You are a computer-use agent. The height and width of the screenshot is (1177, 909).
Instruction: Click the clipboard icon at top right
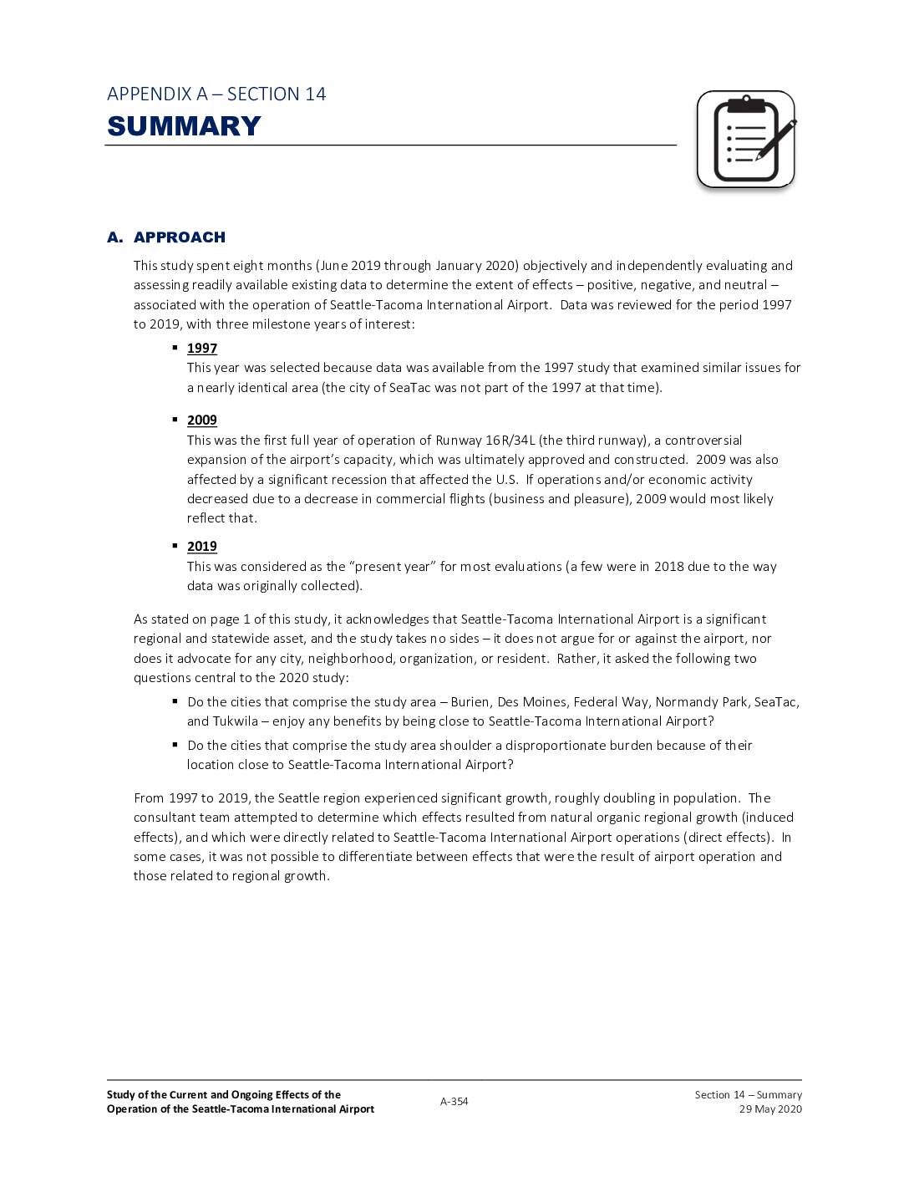click(x=744, y=140)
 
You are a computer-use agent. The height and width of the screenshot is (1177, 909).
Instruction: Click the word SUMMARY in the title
click(x=184, y=126)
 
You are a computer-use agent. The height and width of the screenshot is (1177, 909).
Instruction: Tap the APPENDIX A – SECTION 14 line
click(x=216, y=94)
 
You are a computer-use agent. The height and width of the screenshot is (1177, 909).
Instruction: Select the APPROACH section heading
click(x=179, y=237)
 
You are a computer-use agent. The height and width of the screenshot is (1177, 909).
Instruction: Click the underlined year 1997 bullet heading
click(x=201, y=349)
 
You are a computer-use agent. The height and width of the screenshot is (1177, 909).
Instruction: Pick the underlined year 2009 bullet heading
click(x=201, y=420)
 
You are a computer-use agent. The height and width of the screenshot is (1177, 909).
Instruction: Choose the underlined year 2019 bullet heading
click(x=201, y=547)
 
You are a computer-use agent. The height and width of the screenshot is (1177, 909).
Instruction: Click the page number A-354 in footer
click(x=454, y=1102)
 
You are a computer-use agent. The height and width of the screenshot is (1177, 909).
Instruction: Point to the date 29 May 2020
click(x=769, y=1109)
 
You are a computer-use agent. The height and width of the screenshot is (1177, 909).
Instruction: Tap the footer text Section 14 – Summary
click(x=748, y=1095)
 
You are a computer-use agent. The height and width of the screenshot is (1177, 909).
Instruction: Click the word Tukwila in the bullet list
click(x=235, y=721)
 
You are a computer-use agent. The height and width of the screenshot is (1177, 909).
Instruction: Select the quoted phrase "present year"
click(x=394, y=567)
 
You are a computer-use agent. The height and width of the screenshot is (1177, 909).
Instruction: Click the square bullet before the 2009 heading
click(x=175, y=420)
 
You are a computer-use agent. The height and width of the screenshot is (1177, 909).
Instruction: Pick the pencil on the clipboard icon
click(x=776, y=140)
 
